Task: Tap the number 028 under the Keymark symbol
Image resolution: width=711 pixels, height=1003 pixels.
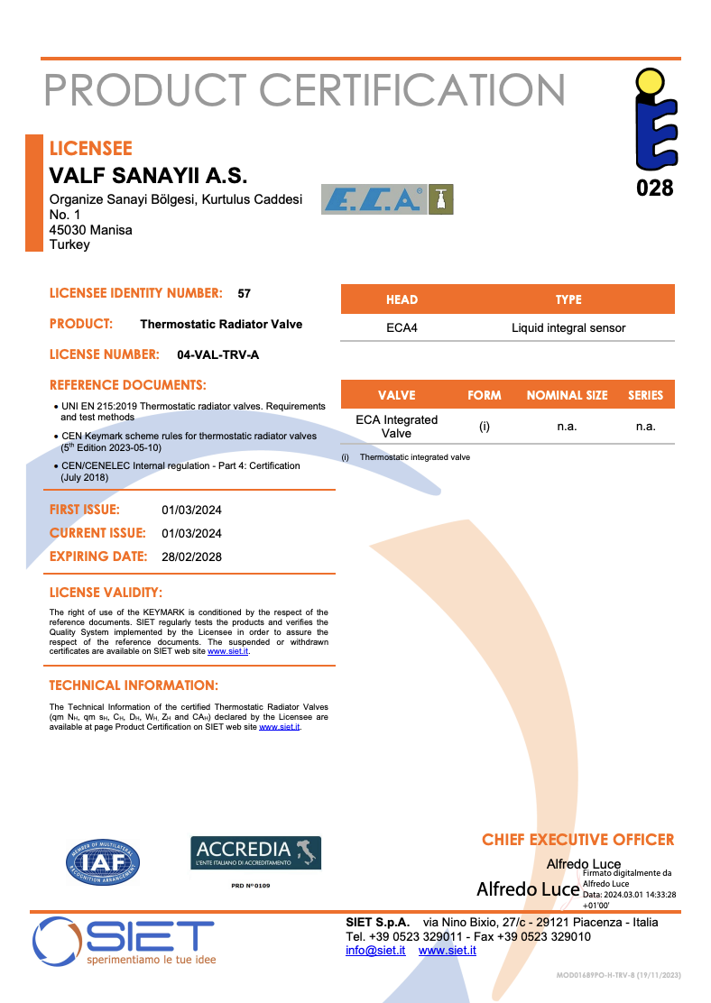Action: pos(654,188)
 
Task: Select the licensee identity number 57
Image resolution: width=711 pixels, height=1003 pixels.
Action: pos(245,293)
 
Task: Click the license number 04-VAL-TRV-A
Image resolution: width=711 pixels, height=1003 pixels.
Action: pos(218,354)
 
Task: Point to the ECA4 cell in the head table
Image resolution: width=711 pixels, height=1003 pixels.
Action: pos(402,327)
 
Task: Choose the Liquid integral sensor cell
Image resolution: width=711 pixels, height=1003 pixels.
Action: pos(568,327)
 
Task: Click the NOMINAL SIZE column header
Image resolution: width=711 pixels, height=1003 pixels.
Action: pos(567,395)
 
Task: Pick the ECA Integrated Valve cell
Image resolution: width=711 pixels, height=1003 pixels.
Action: pos(397,427)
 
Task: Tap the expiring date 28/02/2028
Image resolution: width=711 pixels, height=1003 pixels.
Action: pos(191,557)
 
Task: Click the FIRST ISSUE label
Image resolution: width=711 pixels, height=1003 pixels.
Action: pos(84,510)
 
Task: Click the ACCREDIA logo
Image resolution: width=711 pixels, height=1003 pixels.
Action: pos(255,852)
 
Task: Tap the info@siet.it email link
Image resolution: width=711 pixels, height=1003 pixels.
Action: pos(375,951)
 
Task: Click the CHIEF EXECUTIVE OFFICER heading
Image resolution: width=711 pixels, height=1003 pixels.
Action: pos(577,840)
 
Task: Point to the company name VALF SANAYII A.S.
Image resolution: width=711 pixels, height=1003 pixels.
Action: pos(147,176)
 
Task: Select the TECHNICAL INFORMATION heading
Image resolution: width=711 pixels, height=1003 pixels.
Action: pos(134,686)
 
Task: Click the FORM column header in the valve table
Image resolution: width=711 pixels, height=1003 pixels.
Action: pos(485,395)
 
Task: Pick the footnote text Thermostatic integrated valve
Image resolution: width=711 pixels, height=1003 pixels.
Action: pos(414,457)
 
